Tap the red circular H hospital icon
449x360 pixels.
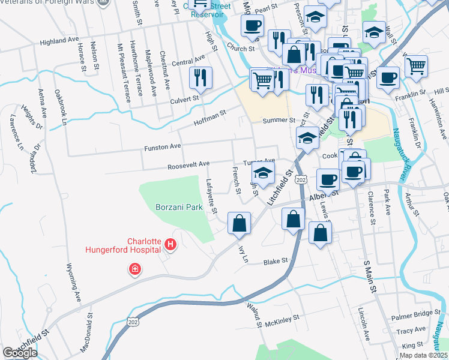[170, 244]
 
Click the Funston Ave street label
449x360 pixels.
[162, 146]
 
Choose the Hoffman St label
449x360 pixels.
[209, 117]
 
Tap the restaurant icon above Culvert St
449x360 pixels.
[200, 77]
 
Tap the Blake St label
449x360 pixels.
[276, 262]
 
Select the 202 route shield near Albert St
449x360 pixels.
[301, 180]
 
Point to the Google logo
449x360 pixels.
[20, 353]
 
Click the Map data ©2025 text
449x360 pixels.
[423, 355]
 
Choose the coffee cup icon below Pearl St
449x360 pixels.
[252, 25]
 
